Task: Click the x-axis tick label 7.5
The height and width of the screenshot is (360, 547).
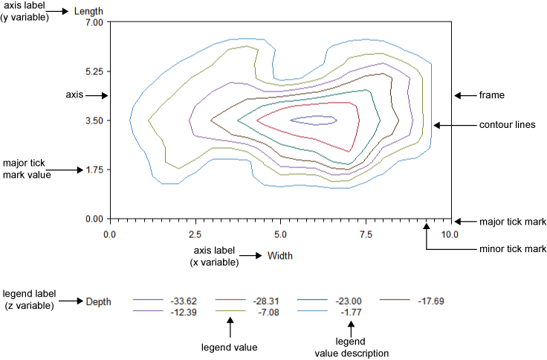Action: coord(366,234)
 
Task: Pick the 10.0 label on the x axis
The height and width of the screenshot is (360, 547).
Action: coord(450,234)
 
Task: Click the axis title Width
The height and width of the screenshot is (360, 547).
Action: coord(279,256)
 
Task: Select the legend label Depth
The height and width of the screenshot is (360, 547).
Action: coord(99,301)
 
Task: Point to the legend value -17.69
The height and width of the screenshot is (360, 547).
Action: coord(431,301)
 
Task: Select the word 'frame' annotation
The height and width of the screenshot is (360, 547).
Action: coord(492,95)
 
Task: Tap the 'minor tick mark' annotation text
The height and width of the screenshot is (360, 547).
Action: coord(514,248)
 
